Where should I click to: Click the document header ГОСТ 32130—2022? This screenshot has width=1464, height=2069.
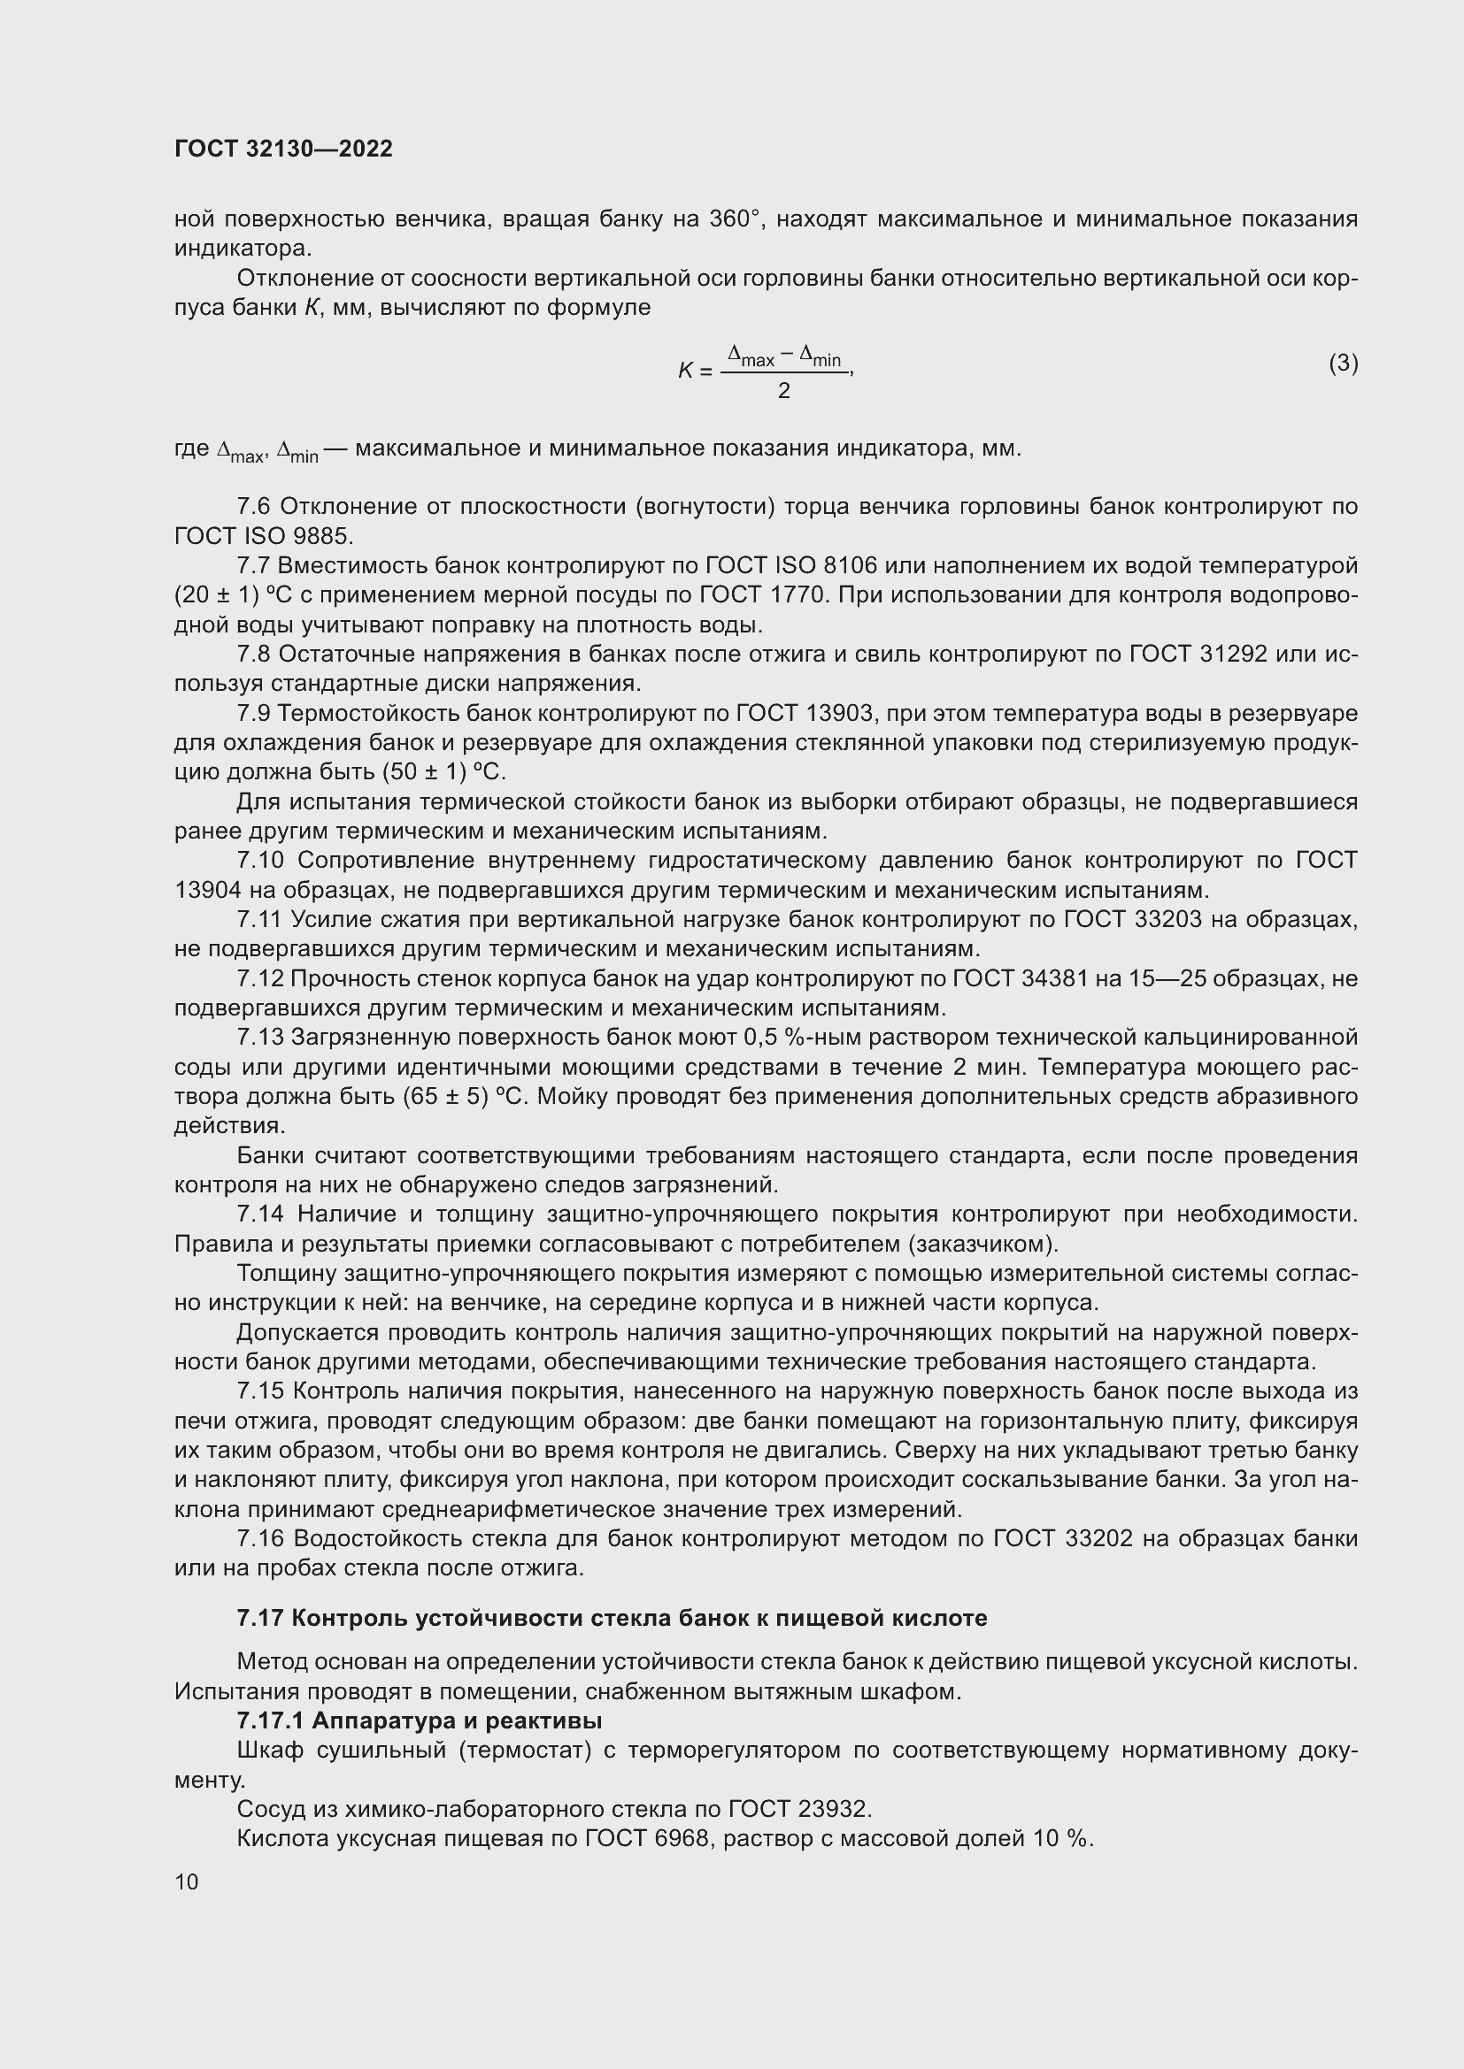pos(283,149)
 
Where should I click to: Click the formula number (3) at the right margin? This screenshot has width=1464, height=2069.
pos(1343,364)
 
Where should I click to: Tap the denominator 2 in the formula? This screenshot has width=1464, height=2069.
pos(783,391)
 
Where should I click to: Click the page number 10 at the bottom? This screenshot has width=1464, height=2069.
pos(187,1881)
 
